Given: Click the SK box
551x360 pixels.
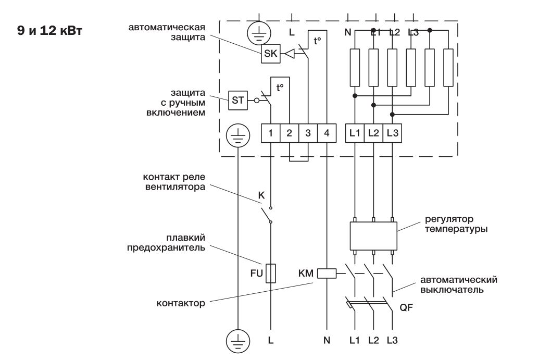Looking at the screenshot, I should pyautogui.click(x=271, y=53).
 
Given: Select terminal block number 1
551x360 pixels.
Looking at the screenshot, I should pyautogui.click(x=271, y=133).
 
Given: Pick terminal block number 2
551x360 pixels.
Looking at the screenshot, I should pyautogui.click(x=289, y=133).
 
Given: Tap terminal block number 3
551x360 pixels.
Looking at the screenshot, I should pyautogui.click(x=308, y=133).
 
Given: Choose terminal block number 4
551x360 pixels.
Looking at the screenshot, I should pyautogui.click(x=327, y=133).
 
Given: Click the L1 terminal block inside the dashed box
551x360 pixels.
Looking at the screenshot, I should pyautogui.click(x=355, y=133).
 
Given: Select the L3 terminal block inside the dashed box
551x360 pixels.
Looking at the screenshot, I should pyautogui.click(x=392, y=133).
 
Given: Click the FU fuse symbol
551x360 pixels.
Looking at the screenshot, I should pyautogui.click(x=271, y=272).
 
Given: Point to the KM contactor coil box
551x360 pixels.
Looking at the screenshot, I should pyautogui.click(x=327, y=272).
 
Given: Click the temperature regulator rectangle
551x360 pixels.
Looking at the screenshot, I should pyautogui.click(x=373, y=236).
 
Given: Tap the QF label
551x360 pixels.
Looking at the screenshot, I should pyautogui.click(x=406, y=307).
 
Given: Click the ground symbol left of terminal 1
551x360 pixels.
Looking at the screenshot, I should pyautogui.click(x=237, y=137).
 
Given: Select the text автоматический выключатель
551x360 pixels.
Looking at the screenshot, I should pyautogui.click(x=458, y=284).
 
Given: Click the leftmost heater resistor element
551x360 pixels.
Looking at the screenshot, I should pyautogui.click(x=355, y=67).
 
